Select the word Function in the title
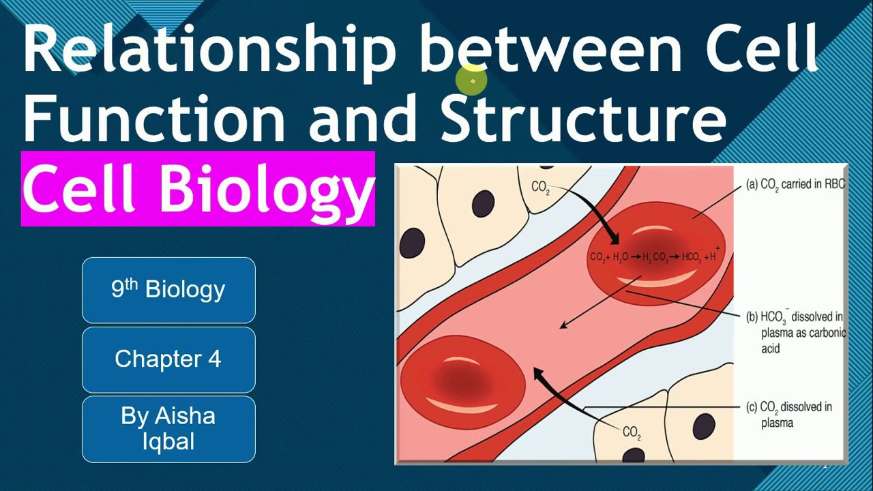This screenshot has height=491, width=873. pos(154,117)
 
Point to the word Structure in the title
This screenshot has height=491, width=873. pos(583,117)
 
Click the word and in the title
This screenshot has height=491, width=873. pos(362,117)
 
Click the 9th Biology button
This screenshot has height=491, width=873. pos(168,290)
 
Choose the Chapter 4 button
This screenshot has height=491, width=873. pos(168,359)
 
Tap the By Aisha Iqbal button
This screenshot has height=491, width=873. pos(168,429)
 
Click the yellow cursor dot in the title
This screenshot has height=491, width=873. pos(473,81)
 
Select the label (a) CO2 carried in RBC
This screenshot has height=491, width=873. pos(795,184)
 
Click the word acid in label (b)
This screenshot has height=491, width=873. pos(771,348)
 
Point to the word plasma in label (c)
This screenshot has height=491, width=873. pos(777,423)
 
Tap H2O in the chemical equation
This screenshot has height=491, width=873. pos(620,257)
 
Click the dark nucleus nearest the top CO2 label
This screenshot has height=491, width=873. pos(483,203)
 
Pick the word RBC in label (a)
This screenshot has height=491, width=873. pos(833,184)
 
